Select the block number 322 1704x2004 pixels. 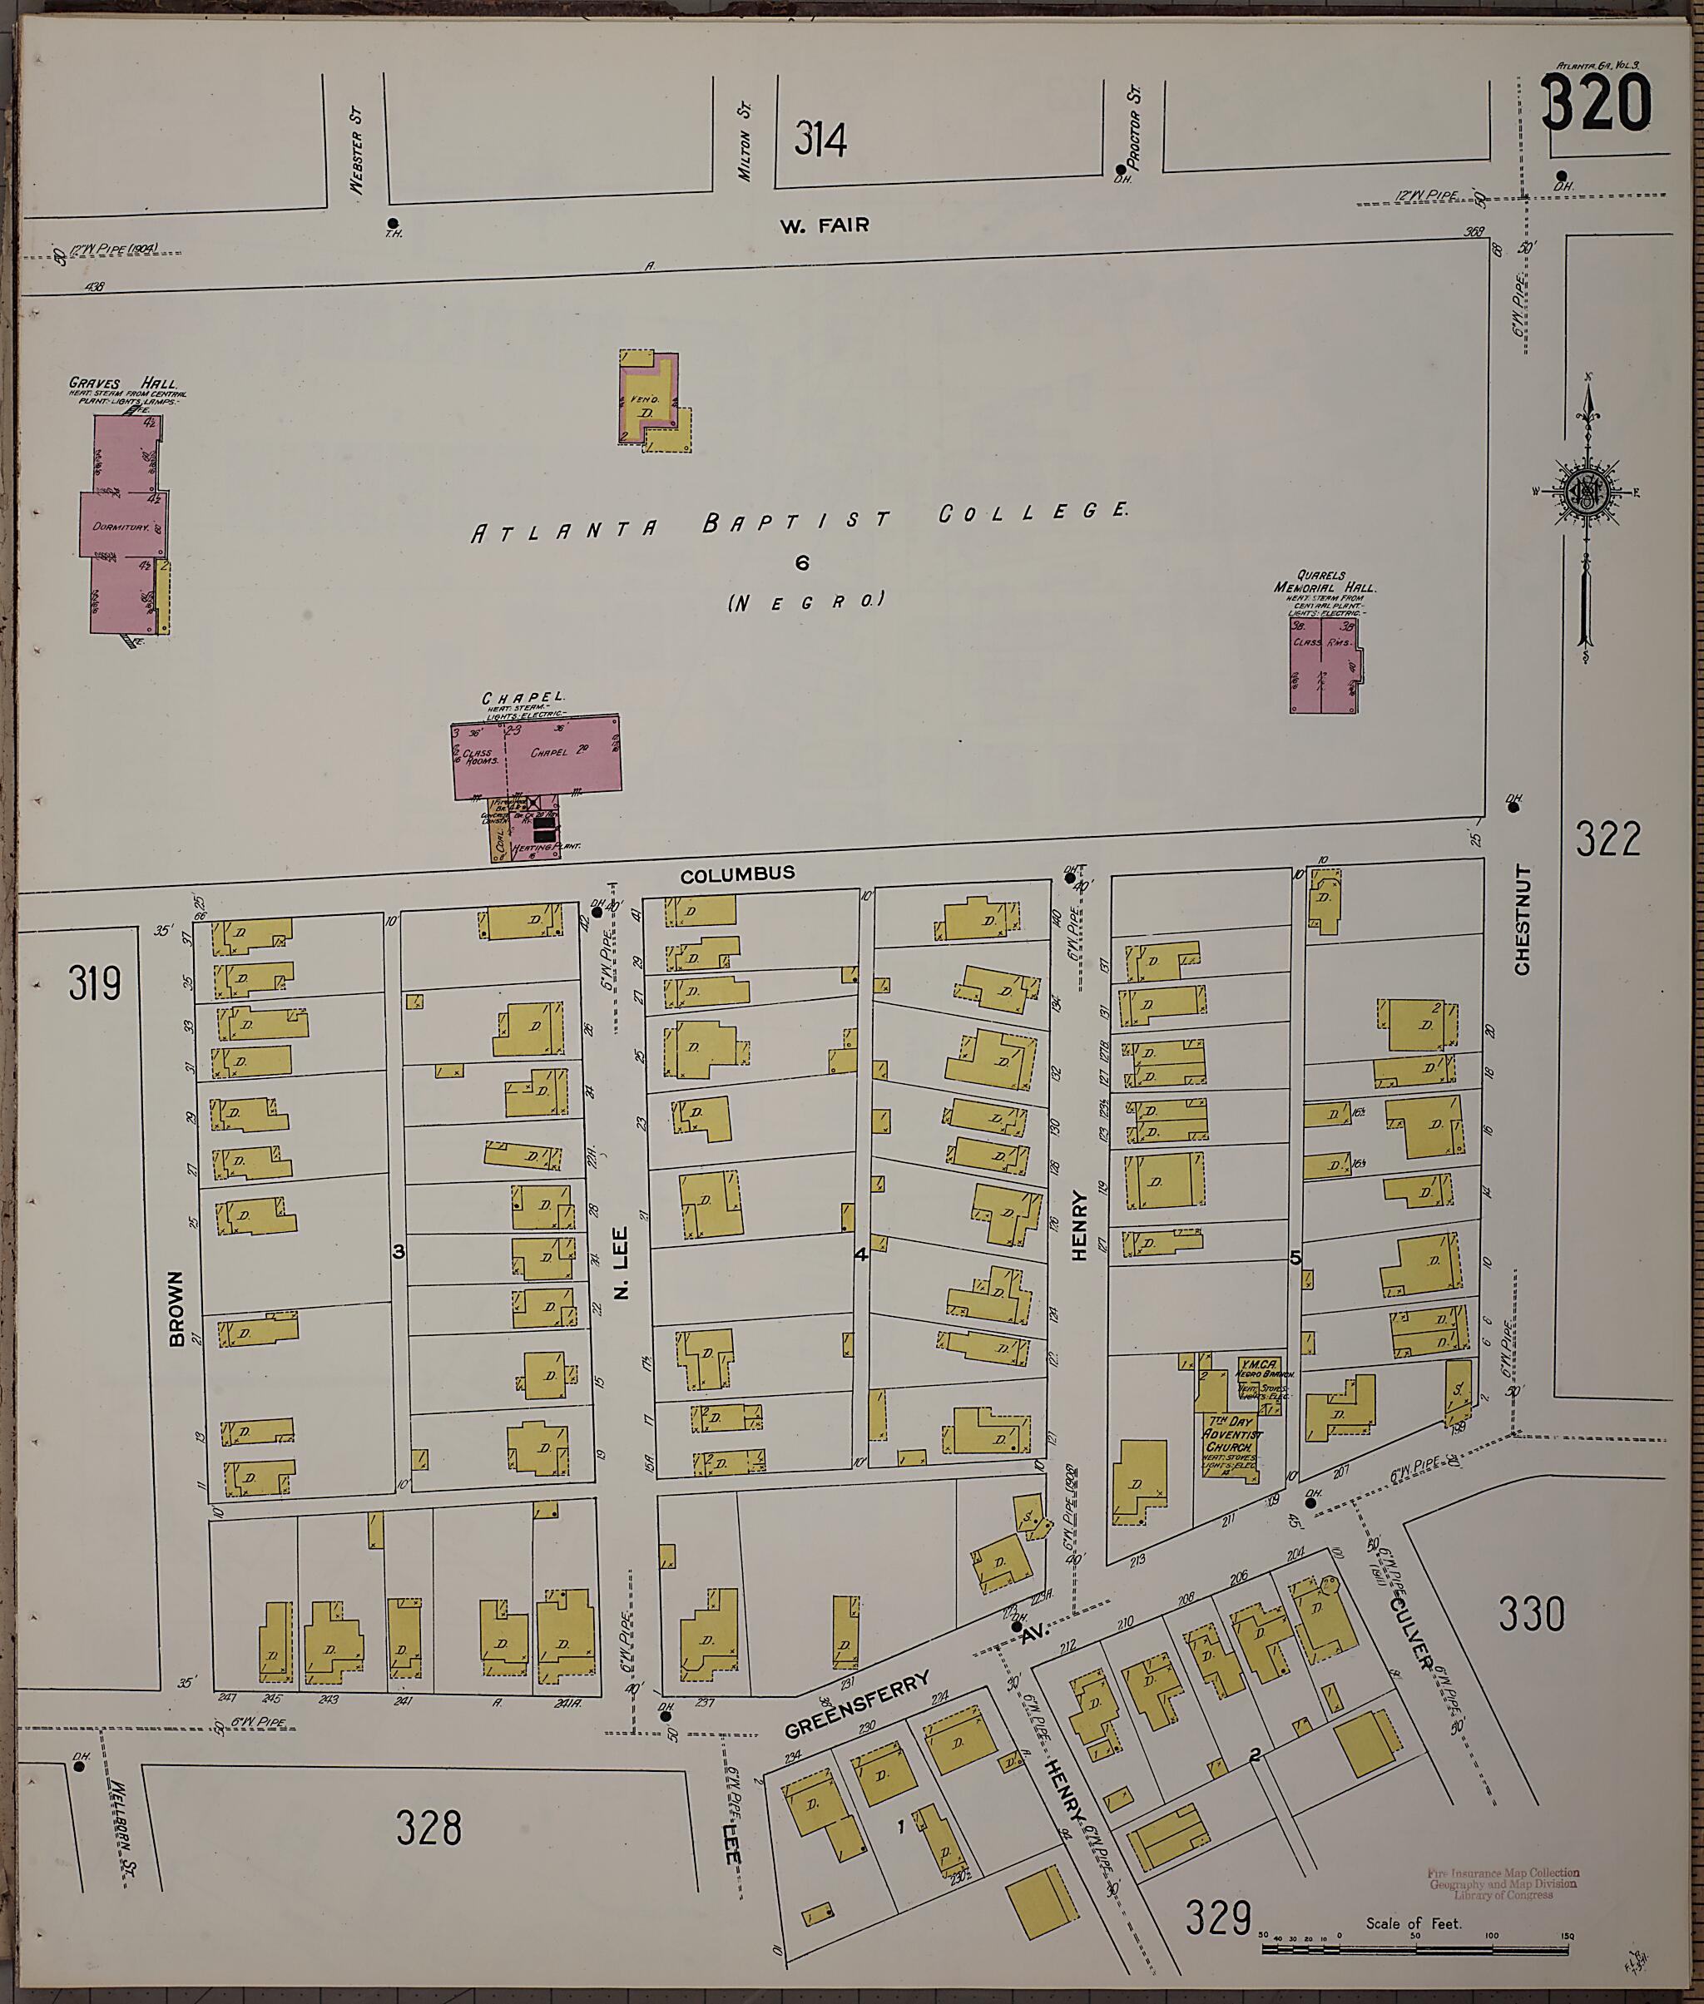pos(1607,839)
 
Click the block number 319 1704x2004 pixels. pos(95,984)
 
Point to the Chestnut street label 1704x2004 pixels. pos(1523,919)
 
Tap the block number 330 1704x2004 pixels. pos(1531,1614)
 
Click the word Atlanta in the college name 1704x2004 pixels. pos(564,529)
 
